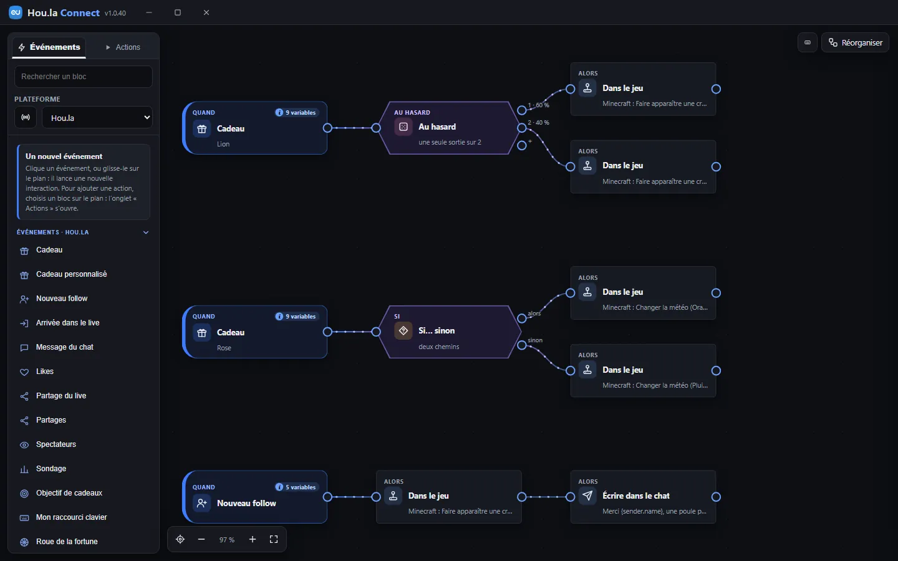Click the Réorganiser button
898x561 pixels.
(855, 42)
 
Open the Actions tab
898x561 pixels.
(123, 47)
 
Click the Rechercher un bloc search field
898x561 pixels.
(84, 77)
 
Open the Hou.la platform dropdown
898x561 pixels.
(97, 117)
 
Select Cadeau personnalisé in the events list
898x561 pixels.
(71, 274)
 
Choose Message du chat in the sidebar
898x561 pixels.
(65, 347)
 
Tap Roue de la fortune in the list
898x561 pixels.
(67, 541)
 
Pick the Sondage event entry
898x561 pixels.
(51, 469)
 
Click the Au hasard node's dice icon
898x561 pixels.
(403, 127)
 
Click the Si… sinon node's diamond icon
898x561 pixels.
(403, 330)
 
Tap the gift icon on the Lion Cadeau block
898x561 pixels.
(201, 128)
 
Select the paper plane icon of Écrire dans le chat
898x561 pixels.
(587, 496)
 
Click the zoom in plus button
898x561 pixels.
(252, 539)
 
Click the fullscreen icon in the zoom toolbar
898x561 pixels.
(274, 539)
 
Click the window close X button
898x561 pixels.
(206, 12)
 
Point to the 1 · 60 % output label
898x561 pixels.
(538, 105)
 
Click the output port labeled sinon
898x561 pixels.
(521, 345)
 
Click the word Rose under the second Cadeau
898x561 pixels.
(224, 348)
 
